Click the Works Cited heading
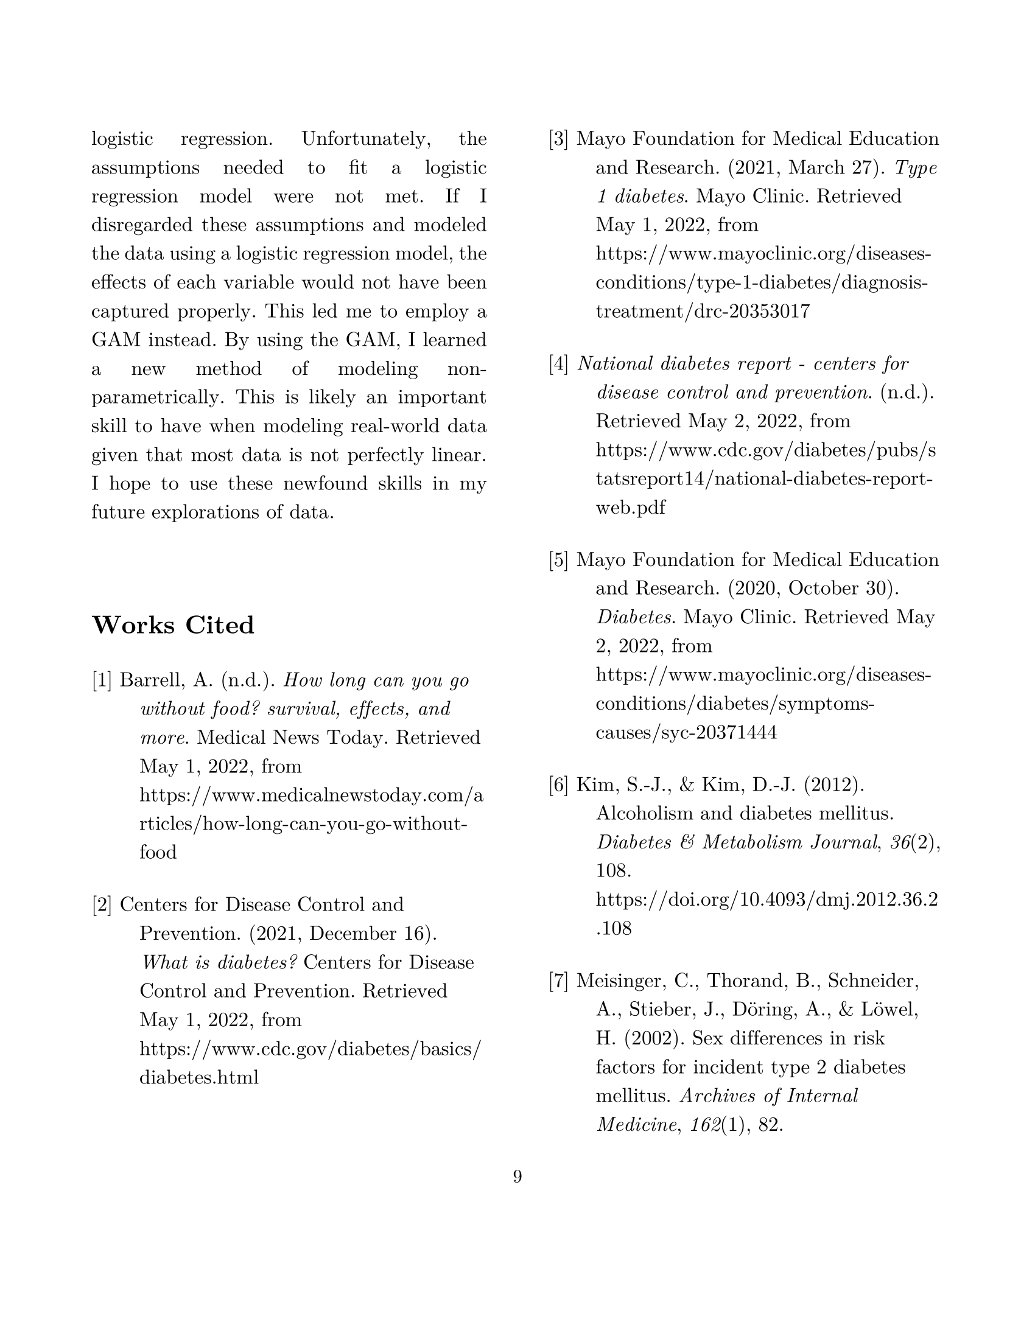click(173, 625)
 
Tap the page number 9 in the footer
click(517, 1176)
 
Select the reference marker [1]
click(102, 680)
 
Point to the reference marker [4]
click(558, 364)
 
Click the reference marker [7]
click(558, 981)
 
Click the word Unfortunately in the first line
click(366, 139)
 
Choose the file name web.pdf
click(630, 508)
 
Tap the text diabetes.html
click(199, 1077)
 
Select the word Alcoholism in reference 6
click(642, 814)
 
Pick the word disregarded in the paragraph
click(144, 225)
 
